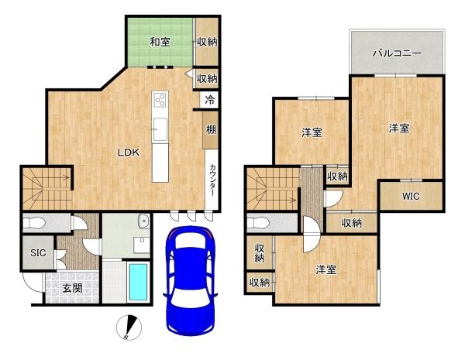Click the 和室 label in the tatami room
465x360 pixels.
coord(160,42)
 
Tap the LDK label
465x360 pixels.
coord(129,153)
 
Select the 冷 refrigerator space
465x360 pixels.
coord(209,100)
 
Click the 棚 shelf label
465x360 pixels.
coord(211,129)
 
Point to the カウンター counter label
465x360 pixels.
coord(212,180)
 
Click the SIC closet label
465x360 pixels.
coord(38,252)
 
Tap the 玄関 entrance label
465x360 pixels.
coord(72,288)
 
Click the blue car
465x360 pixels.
coord(191,280)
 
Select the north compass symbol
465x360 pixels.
coord(129,327)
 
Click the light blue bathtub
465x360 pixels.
coord(139,282)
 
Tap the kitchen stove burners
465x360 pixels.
coord(160,99)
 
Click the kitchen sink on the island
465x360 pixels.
coord(160,129)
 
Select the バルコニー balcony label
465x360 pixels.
coord(397,53)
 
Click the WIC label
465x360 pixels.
coord(411,196)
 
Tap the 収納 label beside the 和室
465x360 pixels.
coord(207,42)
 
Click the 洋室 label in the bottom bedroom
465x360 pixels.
coord(326,269)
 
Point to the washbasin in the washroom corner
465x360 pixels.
coord(144,221)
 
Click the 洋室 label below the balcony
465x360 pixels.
coord(399,128)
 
